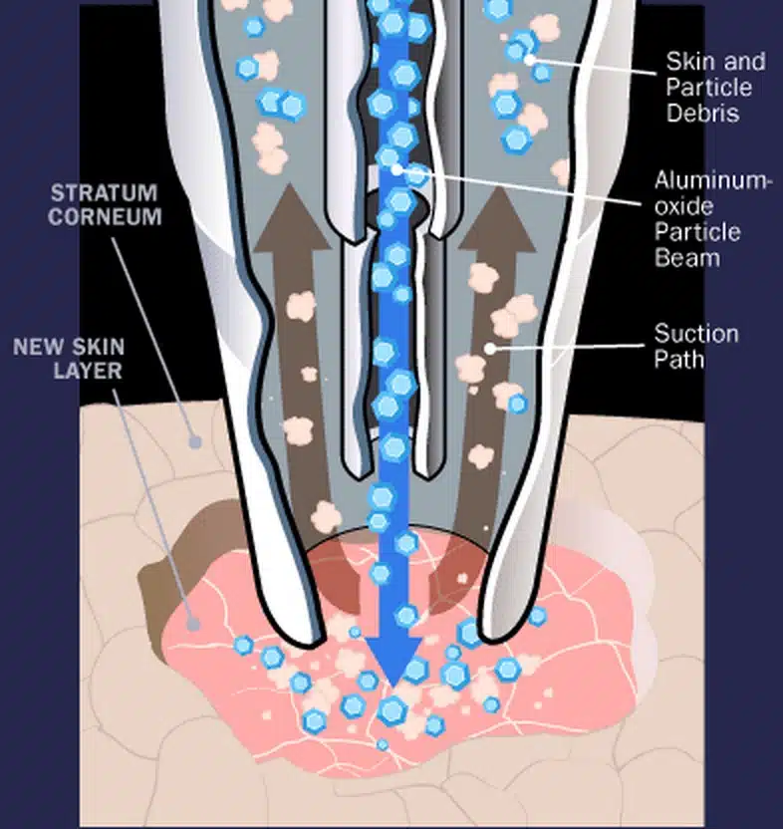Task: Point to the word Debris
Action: click(x=703, y=113)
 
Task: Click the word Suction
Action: click(x=696, y=333)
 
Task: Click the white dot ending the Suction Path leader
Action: click(x=489, y=348)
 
